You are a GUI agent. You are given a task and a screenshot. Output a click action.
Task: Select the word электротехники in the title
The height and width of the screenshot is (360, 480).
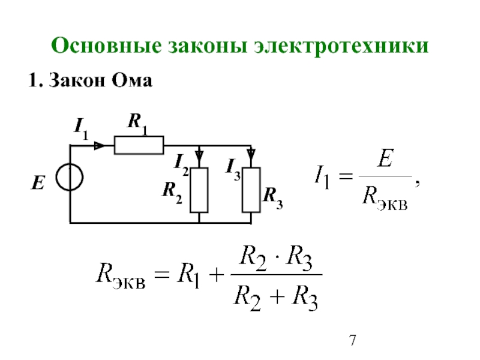tap(341, 46)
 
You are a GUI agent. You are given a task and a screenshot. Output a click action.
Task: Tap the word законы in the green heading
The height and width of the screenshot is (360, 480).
tap(208, 46)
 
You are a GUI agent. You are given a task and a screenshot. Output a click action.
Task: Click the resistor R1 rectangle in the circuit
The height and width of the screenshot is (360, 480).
tap(139, 145)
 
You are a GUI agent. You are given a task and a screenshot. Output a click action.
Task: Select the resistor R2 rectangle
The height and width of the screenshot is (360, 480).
tap(199, 190)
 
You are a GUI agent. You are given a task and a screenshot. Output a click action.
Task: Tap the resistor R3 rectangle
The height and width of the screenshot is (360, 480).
tap(251, 190)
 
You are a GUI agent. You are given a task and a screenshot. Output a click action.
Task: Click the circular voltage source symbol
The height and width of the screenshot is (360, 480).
tap(70, 177)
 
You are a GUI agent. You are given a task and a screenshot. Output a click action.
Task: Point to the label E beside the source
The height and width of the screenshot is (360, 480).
tap(38, 183)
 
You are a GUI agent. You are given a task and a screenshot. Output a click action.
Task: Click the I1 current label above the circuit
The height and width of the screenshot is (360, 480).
tap(81, 129)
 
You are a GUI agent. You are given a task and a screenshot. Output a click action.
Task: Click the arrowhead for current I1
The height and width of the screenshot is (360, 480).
tap(100, 145)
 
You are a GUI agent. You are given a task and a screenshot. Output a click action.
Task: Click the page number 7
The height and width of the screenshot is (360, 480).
tap(353, 340)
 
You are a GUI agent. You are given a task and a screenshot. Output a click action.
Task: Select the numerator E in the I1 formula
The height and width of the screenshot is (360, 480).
tap(385, 158)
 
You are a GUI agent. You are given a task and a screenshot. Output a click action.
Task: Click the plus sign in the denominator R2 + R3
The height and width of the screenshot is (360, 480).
tap(277, 296)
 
